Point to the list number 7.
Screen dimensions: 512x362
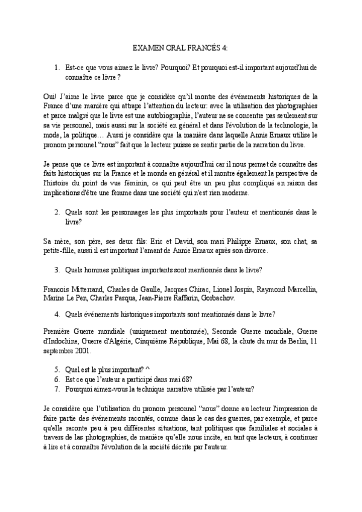pyautogui.click(x=57, y=389)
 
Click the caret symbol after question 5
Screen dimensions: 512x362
pyautogui.click(x=146, y=370)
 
